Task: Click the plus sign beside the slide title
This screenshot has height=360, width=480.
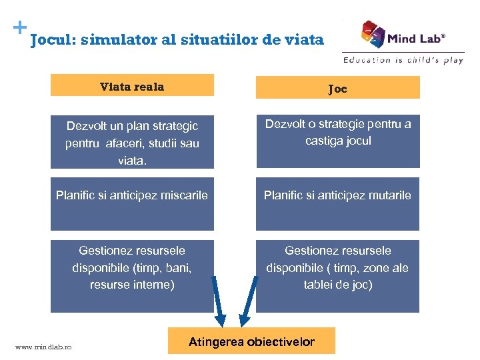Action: pyautogui.click(x=20, y=28)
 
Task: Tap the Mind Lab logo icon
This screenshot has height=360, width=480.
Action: pyautogui.click(x=373, y=34)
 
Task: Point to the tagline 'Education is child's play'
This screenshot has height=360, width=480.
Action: pyautogui.click(x=403, y=60)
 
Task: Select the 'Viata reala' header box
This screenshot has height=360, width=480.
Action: pyautogui.click(x=132, y=86)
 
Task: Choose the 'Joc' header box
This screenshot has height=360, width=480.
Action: pyautogui.click(x=337, y=88)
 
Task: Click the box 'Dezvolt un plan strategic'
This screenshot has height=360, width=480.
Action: pyautogui.click(x=132, y=143)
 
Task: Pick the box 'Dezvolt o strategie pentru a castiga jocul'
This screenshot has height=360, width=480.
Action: pyautogui.click(x=337, y=140)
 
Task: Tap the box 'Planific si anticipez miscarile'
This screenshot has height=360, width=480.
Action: pyautogui.click(x=132, y=203)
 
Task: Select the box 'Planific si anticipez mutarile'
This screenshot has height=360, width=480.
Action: pyautogui.click(x=337, y=203)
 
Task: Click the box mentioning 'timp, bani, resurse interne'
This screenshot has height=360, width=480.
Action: pyautogui.click(x=132, y=275)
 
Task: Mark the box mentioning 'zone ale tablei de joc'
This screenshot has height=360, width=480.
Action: pyautogui.click(x=337, y=275)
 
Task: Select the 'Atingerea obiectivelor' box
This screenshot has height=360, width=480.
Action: pyautogui.click(x=251, y=342)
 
